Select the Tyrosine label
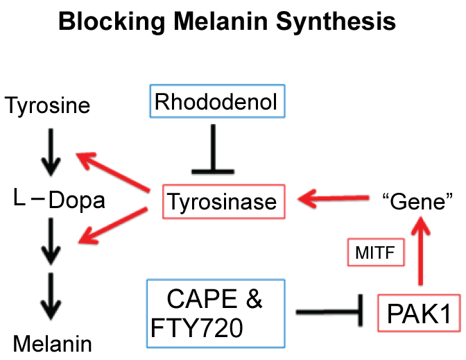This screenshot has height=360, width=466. pos(47,105)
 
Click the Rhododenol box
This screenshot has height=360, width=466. pos(216,103)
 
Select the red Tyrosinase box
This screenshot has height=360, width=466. pos(220,203)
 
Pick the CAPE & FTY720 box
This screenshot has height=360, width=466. pos(216,313)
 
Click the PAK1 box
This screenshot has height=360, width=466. pos(419,315)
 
